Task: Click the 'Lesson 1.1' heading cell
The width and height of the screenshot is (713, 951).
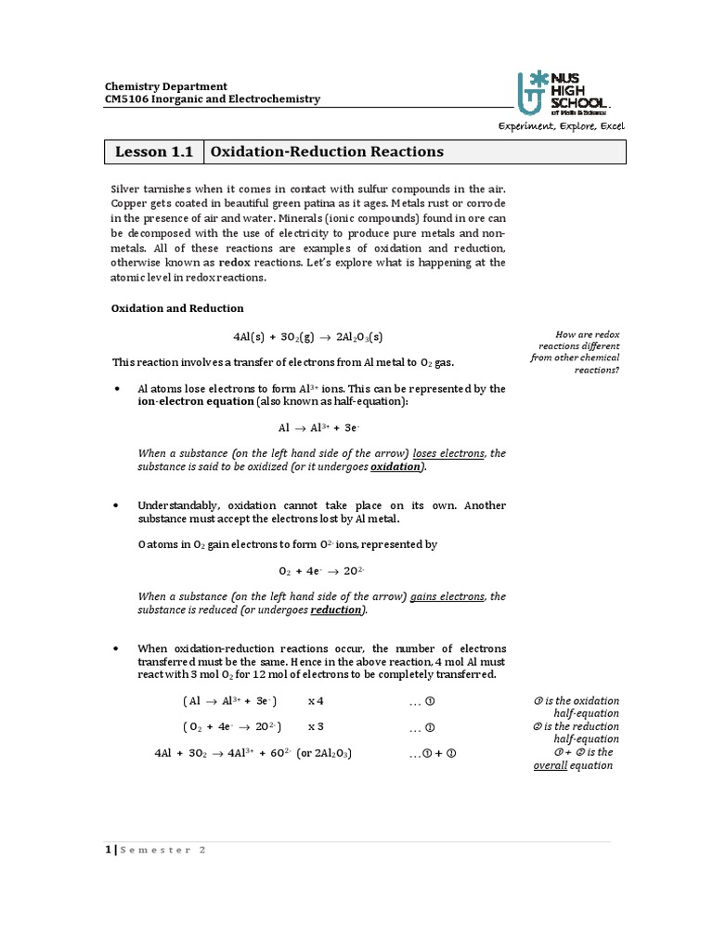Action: (154, 151)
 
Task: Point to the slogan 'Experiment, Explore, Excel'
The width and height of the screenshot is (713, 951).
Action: (563, 126)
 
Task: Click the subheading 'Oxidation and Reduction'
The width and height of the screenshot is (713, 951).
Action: (177, 308)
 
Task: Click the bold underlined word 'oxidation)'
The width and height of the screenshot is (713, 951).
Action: (398, 467)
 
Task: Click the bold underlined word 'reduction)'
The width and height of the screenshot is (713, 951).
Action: (338, 610)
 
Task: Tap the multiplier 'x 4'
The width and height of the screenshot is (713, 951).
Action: (316, 700)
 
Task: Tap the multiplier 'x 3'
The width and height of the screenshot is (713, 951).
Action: (316, 726)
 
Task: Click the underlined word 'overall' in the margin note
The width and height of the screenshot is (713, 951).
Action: (550, 765)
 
